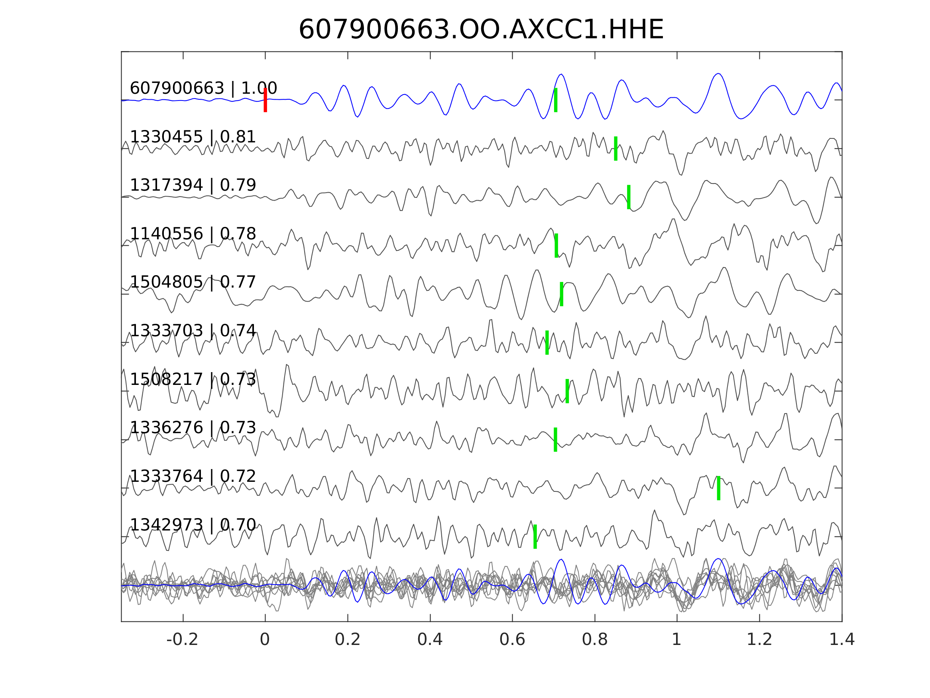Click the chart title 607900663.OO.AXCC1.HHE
[481, 30]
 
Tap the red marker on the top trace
[265, 100]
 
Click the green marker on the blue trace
[555, 100]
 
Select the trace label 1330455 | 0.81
[193, 137]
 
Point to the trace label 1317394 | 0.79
[193, 185]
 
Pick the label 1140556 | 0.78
[193, 233]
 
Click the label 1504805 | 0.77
[193, 282]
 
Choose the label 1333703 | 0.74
[193, 331]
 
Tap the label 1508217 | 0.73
[193, 379]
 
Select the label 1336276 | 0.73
[193, 428]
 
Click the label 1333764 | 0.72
[193, 476]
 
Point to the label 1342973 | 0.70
[193, 524]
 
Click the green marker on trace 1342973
[535, 536]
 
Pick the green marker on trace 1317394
[629, 197]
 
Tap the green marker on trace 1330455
[615, 148]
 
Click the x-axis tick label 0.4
[430, 639]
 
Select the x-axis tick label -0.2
[182, 639]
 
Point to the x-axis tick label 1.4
[842, 639]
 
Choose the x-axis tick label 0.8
[594, 639]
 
